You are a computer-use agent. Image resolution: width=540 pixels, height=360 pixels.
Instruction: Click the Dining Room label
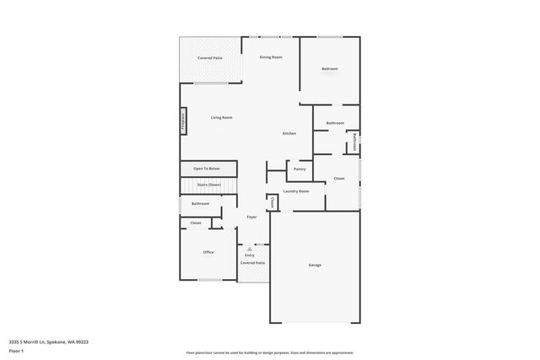tap(271, 56)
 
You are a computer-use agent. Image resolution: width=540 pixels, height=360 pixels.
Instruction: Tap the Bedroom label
tap(329, 68)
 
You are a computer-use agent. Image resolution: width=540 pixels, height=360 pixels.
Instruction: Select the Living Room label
tap(221, 117)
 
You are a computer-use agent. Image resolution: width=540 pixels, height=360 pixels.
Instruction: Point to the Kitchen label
tap(289, 134)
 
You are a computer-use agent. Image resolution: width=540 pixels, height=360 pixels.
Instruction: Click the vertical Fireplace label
tap(182, 122)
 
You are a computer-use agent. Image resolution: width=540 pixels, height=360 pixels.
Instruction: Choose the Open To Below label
tap(207, 169)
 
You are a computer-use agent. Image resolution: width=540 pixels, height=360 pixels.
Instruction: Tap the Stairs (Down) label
tap(208, 184)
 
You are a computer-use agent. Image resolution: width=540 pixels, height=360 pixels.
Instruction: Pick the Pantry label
tap(300, 169)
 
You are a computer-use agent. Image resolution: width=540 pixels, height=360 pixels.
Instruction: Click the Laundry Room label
tap(296, 191)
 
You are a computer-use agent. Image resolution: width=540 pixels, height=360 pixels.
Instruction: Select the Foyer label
tap(251, 217)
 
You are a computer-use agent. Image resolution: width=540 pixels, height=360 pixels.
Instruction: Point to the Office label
tap(208, 252)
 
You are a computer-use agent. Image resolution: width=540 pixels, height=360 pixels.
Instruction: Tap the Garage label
tap(314, 265)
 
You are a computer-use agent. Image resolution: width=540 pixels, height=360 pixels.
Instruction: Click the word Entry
tap(250, 255)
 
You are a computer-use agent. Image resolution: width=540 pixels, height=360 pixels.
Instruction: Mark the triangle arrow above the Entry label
tap(250, 249)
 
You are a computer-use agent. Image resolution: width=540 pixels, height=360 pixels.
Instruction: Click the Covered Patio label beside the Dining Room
tap(210, 57)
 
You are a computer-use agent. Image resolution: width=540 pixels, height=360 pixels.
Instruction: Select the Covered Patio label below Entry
tap(252, 263)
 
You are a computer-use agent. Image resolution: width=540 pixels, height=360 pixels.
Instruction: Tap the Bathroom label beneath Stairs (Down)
tap(200, 203)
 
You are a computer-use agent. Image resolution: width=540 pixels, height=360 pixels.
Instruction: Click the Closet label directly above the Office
tap(195, 223)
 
